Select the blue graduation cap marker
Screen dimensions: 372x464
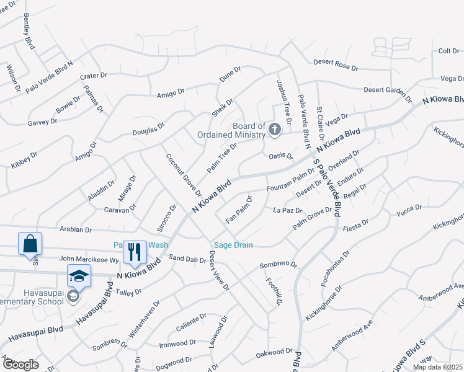tap(79, 276)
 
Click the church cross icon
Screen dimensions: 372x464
tap(275, 130)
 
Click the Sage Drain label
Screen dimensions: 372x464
tap(233, 245)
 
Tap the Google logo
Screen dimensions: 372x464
tap(20, 365)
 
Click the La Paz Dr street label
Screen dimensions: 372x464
tap(287, 211)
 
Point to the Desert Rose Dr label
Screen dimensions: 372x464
tap(336, 64)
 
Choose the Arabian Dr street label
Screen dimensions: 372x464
tap(76, 229)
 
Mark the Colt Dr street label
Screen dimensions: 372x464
tap(448, 51)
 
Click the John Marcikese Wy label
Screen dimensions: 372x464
tap(89, 259)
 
